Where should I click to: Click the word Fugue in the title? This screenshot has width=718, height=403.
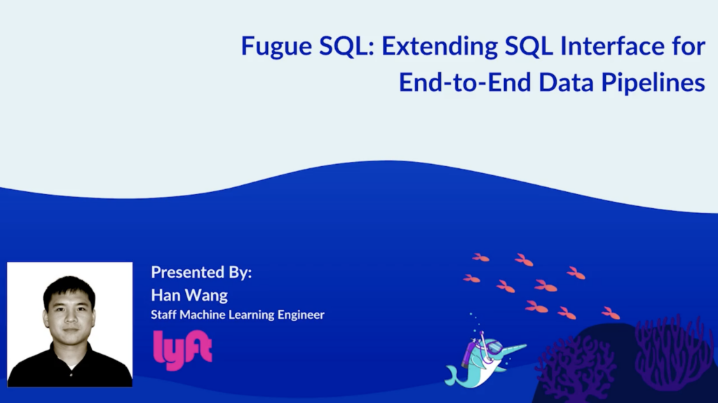pyautogui.click(x=274, y=48)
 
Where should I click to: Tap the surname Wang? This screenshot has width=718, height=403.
pyautogui.click(x=207, y=296)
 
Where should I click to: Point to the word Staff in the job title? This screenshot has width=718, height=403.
pyautogui.click(x=163, y=315)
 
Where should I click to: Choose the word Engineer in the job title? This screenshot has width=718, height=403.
pyautogui.click(x=297, y=315)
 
